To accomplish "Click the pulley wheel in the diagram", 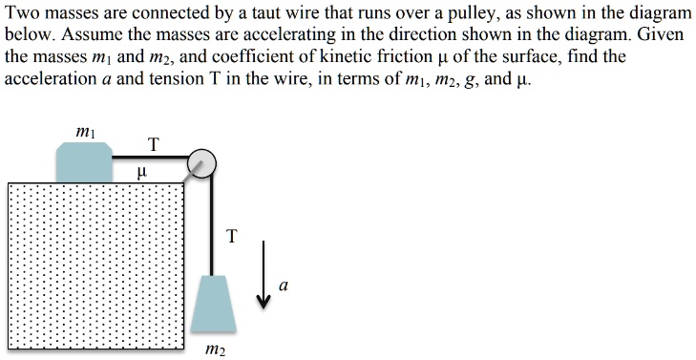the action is coord(201,162).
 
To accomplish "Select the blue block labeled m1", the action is coord(83,161).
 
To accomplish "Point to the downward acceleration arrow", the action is coord(264,276).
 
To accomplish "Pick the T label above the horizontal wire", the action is coord(154,144).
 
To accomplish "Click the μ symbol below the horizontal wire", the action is coord(143,173).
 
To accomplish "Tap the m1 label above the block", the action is coord(83,130).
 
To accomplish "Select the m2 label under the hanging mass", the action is coord(216,349).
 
